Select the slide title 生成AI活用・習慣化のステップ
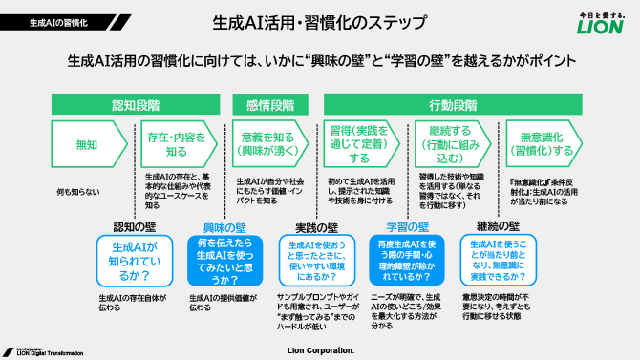point(320,20)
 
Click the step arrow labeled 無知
point(86,145)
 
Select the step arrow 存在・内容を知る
point(177,145)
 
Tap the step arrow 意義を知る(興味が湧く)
point(268,145)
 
